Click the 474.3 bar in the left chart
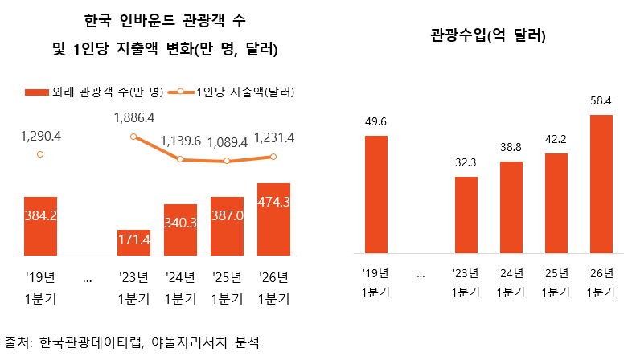(274, 219)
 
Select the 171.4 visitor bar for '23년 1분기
(133, 243)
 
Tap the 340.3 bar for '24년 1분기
(180, 230)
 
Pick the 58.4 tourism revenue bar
(601, 184)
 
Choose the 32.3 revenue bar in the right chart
(466, 215)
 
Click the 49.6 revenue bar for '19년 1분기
(376, 194)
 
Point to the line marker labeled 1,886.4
(133, 137)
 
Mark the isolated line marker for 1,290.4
(39, 154)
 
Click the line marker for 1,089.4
(227, 161)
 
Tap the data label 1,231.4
(274, 138)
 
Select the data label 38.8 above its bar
(511, 147)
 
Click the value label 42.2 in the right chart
(556, 140)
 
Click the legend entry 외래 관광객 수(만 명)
(94, 92)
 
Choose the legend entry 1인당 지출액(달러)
(232, 92)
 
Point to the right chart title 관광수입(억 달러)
(488, 35)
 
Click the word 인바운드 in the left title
(147, 20)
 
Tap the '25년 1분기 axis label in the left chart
(227, 288)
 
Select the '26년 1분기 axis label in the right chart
(601, 283)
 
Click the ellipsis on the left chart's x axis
(87, 280)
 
